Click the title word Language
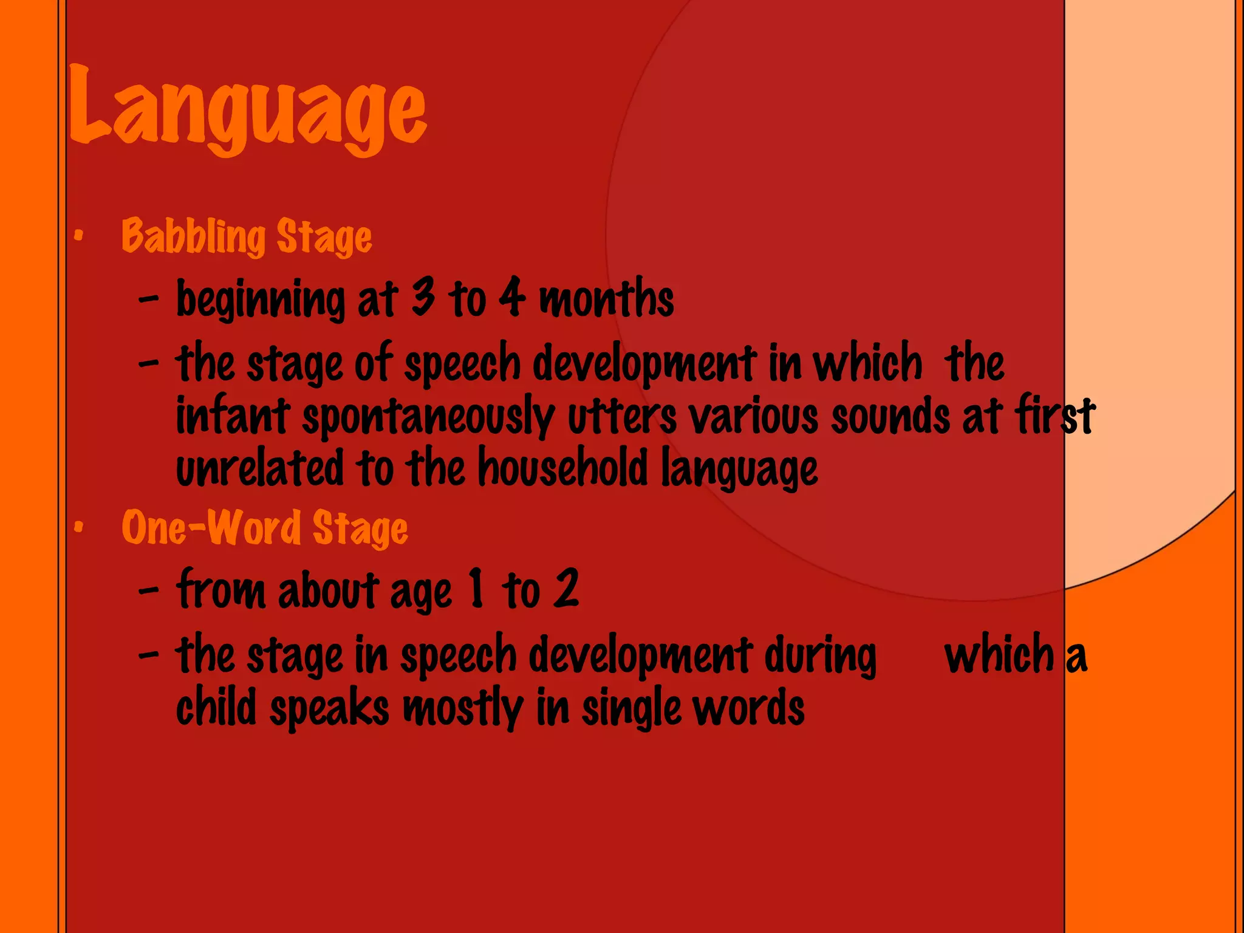click(248, 109)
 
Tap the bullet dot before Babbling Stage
click(78, 236)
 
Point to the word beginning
click(261, 299)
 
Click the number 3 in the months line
click(423, 297)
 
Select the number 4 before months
click(511, 297)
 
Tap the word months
click(606, 298)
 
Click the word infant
click(233, 416)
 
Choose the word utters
click(622, 416)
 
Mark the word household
click(563, 468)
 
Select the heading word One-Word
click(211, 527)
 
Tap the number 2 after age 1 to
click(567, 589)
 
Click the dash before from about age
click(149, 589)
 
